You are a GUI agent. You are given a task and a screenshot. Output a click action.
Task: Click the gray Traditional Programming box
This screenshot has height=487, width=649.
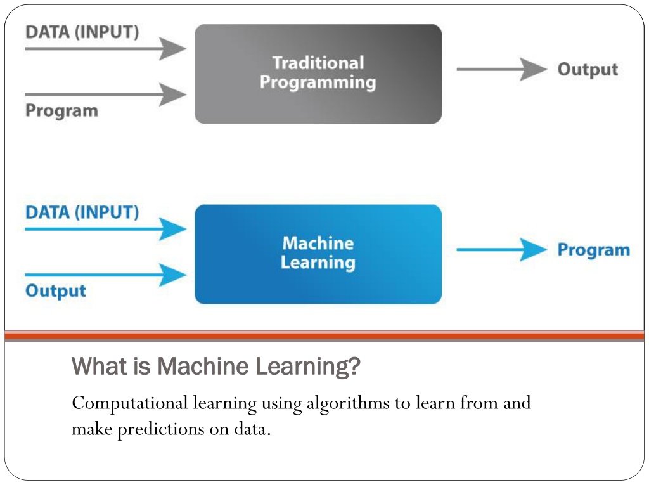pos(318,74)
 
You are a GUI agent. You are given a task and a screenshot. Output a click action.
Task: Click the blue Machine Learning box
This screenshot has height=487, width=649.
pos(318,254)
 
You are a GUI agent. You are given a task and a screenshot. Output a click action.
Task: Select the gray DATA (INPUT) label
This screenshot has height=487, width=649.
pos(82,32)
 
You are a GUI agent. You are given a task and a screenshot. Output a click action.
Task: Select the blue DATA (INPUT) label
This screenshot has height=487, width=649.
pos(82,212)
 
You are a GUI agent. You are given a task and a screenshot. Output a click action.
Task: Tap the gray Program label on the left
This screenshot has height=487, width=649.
pos(61,110)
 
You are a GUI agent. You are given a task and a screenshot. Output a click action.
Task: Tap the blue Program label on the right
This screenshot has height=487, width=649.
pos(593,250)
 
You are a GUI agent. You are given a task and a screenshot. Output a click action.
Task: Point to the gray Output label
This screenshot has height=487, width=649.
pos(588,69)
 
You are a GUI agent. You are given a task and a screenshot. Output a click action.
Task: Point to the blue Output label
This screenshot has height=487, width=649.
pos(56,290)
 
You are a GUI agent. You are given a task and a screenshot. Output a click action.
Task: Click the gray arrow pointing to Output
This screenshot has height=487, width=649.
pos(502,69)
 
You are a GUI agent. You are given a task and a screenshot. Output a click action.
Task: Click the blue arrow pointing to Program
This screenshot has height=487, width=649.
pos(502,250)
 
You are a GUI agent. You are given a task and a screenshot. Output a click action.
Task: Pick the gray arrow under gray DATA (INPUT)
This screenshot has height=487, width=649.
pos(106,48)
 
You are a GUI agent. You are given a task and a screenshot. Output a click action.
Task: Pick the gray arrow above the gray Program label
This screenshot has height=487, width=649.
pos(106,94)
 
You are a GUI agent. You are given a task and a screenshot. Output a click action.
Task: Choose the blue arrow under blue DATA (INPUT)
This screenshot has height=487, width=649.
pos(106,229)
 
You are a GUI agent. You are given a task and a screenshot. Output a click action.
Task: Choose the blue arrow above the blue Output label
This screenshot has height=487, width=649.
pos(106,275)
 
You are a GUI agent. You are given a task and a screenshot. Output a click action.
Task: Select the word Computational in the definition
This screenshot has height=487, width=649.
pos(130,403)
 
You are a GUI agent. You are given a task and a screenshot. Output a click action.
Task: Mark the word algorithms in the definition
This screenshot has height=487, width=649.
pos(348,403)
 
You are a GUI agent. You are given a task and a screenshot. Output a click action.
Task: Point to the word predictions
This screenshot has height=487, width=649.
pos(161,429)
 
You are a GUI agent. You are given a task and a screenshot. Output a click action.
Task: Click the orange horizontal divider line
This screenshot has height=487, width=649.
pos(324,335)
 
